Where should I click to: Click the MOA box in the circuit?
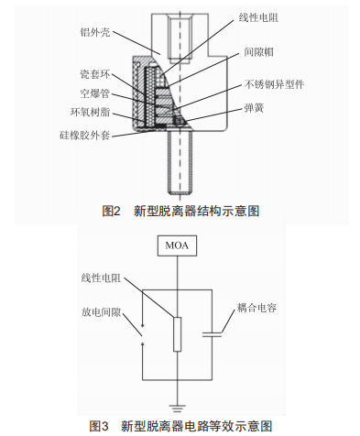click(x=177, y=245)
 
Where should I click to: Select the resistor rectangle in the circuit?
click(x=177, y=334)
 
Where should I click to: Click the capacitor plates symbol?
click(x=212, y=334)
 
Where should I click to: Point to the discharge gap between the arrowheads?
click(x=143, y=334)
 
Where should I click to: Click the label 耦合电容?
click(x=256, y=308)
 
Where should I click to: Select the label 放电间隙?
click(x=101, y=312)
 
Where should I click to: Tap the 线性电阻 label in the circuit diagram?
click(x=101, y=278)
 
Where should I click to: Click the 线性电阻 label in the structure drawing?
click(x=258, y=17)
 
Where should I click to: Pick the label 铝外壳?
click(x=95, y=32)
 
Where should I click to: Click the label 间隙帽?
click(x=258, y=52)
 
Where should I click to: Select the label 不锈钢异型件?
click(x=274, y=84)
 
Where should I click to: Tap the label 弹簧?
click(x=254, y=108)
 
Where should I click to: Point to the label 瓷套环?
click(x=95, y=74)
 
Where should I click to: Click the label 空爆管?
click(x=95, y=93)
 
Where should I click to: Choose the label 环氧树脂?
click(x=90, y=113)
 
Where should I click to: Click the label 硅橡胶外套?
click(x=85, y=135)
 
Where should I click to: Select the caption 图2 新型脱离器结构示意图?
click(x=180, y=211)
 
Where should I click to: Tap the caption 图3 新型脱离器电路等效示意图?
click(x=180, y=426)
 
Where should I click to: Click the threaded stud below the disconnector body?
click(x=180, y=162)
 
